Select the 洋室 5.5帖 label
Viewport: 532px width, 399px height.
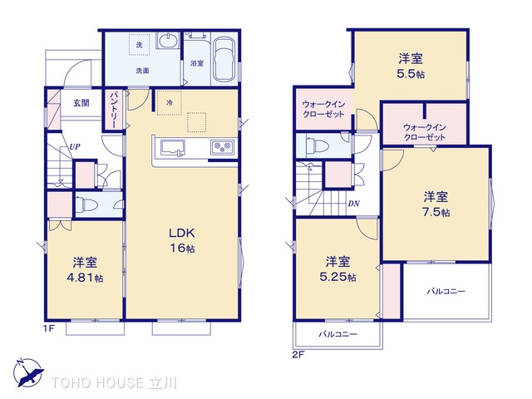coord(409,65)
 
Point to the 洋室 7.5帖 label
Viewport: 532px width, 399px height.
coord(436,204)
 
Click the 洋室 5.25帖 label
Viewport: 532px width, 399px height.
coord(340,268)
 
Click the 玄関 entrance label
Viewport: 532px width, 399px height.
coord(81,103)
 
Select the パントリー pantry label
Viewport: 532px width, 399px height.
coord(113,110)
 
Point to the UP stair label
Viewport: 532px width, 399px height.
coord(74,146)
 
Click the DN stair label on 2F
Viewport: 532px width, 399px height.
coord(353,204)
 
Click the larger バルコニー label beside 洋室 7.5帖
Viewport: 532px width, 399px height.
coord(446,292)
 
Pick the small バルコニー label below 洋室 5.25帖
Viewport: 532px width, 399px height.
coord(337,335)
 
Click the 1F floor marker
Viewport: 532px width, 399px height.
coord(48,329)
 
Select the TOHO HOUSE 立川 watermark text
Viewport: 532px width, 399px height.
coord(121,383)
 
